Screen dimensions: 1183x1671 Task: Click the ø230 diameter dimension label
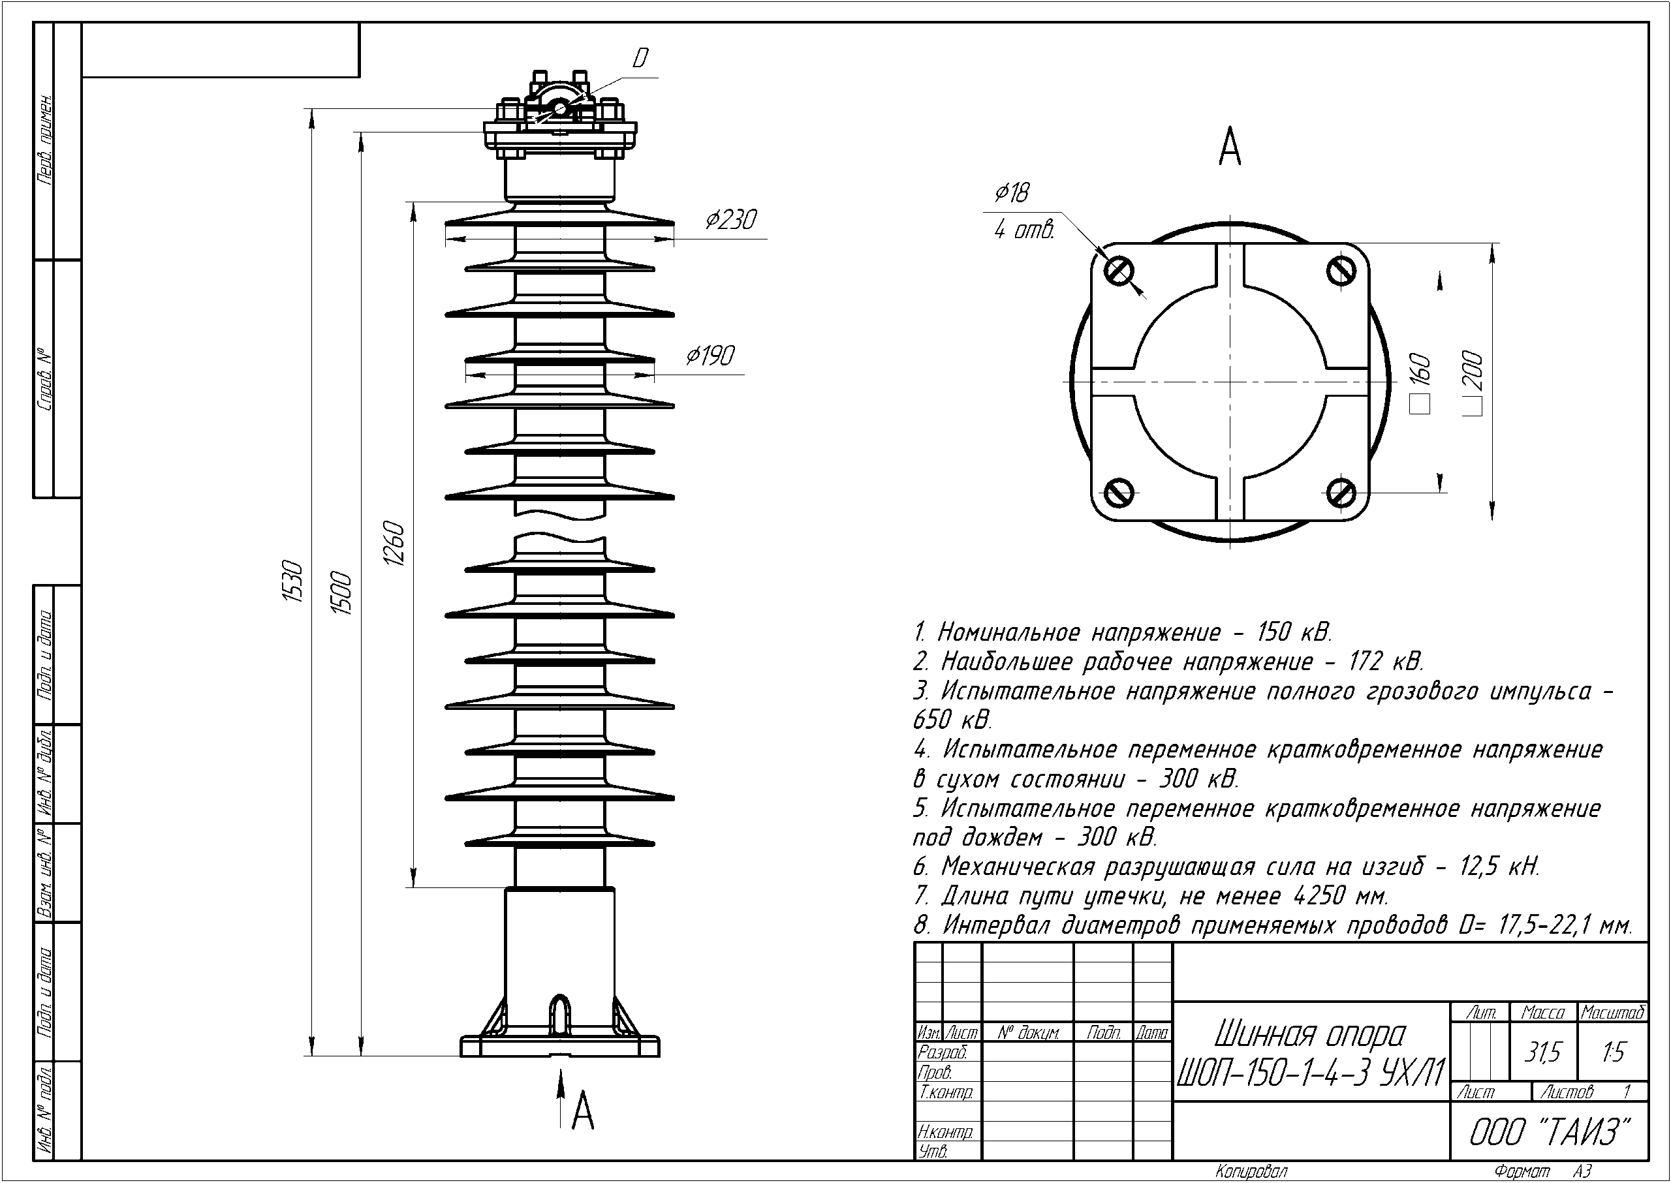[731, 219]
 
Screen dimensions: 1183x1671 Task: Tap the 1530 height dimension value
[292, 581]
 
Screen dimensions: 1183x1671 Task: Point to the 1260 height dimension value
[394, 544]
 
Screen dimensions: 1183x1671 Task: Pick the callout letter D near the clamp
[640, 58]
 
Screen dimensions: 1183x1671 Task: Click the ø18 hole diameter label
[1012, 193]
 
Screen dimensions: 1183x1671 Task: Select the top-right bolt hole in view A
[1341, 271]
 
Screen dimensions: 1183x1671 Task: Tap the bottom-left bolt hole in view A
[1119, 493]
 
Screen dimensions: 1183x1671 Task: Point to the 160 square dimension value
[1421, 371]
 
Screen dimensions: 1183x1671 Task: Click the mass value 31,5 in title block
[1543, 1052]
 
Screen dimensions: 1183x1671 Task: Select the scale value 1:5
[1613, 1052]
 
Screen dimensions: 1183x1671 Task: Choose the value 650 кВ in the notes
[952, 720]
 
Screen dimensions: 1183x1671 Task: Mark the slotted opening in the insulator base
[559, 1014]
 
